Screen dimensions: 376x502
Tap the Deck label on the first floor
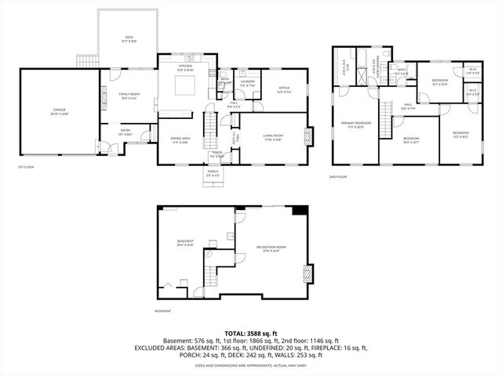click(x=129, y=39)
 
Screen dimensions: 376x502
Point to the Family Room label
click(x=129, y=96)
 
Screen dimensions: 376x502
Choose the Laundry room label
click(x=247, y=81)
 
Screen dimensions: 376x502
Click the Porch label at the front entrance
click(x=213, y=172)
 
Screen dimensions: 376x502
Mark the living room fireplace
click(x=308, y=136)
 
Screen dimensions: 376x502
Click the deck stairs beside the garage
click(x=88, y=61)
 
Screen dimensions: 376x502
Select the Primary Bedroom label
click(x=355, y=125)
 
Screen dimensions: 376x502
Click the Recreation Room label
click(x=271, y=249)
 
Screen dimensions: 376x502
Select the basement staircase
click(x=209, y=276)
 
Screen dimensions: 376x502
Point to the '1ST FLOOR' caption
click(x=26, y=167)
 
